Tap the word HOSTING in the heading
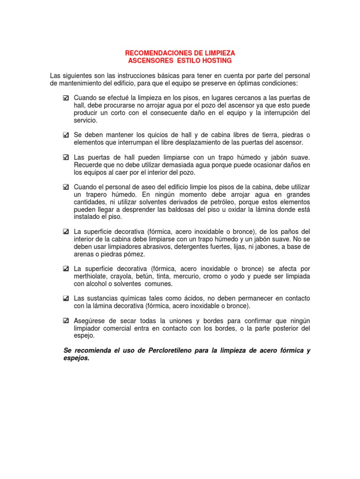pyautogui.click(x=216, y=61)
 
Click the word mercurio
pyautogui.click(x=187, y=276)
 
